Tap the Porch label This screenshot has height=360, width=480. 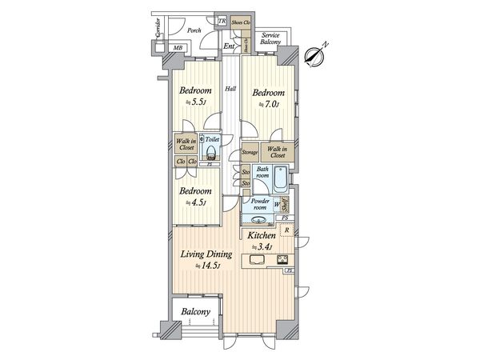194,31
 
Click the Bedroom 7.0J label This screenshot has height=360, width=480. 267,97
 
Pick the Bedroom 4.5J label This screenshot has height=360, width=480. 195,196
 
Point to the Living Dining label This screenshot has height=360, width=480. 205,258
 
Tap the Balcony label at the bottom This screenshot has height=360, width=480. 195,312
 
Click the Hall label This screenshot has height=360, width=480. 230,89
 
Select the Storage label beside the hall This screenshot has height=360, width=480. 250,151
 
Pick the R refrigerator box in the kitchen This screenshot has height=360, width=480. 286,231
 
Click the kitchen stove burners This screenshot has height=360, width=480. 283,258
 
